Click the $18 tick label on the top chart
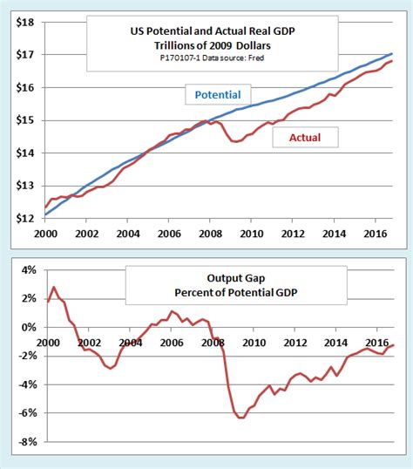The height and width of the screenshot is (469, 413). point(23,22)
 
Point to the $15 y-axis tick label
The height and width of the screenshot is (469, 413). point(23,120)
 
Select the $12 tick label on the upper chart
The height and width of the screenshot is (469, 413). point(23,219)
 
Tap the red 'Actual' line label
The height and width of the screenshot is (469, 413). point(303,136)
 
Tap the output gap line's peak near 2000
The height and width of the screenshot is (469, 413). point(54,287)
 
